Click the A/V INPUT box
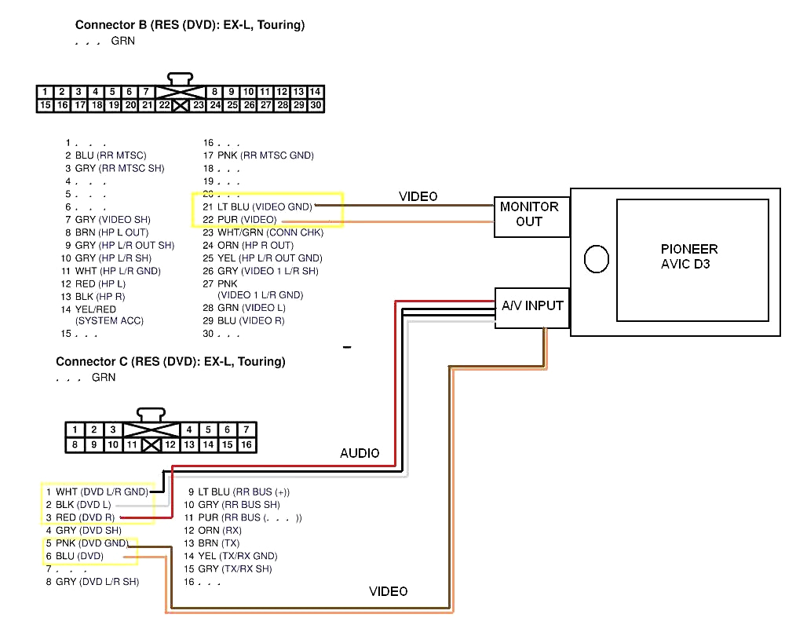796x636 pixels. (532, 306)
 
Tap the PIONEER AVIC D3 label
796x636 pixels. (689, 257)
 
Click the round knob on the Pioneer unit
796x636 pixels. (597, 259)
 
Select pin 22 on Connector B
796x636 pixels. (163, 104)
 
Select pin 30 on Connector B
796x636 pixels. (316, 104)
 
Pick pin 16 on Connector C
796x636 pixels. (246, 444)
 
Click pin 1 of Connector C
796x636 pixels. (75, 429)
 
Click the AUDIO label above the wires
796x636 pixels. (360, 453)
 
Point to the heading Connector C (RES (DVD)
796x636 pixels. (170, 362)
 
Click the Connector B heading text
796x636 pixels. (189, 25)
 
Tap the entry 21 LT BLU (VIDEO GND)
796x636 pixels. (257, 207)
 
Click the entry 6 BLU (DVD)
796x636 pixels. (74, 556)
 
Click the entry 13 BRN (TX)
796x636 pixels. (211, 543)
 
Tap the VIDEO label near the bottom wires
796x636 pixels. (389, 591)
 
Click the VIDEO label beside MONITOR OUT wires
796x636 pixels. (418, 196)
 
